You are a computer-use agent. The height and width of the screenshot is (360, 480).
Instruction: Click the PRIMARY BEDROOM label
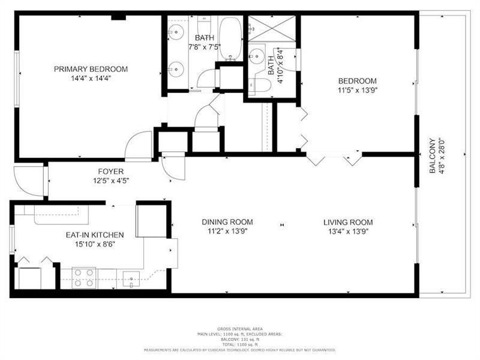tap(91, 69)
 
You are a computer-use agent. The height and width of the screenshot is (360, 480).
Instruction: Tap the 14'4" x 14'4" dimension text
tap(91, 78)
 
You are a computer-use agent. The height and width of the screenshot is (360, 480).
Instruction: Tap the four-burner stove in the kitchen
tap(84, 277)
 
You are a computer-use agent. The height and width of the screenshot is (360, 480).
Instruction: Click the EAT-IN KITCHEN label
tap(94, 235)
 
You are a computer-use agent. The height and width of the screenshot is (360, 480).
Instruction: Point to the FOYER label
tap(109, 171)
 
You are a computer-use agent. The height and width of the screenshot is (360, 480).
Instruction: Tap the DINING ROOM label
tap(227, 221)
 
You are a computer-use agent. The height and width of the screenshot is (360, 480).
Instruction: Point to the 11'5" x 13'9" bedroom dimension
tap(357, 91)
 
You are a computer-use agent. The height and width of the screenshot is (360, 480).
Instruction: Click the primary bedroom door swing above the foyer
tap(139, 146)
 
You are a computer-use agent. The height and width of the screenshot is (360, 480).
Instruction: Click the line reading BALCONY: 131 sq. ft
tap(239, 339)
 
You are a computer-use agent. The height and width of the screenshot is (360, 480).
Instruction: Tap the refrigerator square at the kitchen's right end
tap(150, 221)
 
